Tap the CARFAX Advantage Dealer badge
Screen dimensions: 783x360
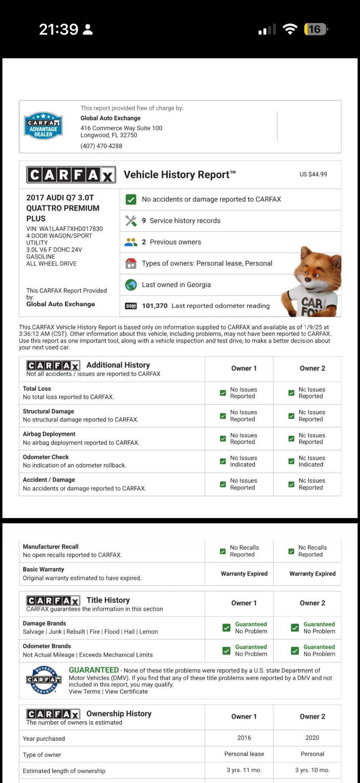[x=43, y=126]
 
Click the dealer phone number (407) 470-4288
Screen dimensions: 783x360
[x=101, y=146]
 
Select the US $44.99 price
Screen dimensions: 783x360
[x=313, y=174]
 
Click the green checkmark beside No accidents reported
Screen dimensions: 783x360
[x=131, y=199]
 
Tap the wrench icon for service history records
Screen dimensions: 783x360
[x=131, y=221]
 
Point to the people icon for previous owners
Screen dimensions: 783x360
[x=131, y=242]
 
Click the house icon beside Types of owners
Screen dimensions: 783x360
[x=131, y=263]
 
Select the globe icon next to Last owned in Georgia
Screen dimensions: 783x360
[x=131, y=284]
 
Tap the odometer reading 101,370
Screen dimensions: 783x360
[x=155, y=306]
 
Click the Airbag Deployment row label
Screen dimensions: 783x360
[x=49, y=434]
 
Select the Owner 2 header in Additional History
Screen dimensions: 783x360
[x=312, y=368]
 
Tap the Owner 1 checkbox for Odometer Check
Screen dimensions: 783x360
[x=223, y=461]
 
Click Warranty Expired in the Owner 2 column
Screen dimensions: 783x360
[x=312, y=574]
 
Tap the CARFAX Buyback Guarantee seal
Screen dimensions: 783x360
[x=43, y=679]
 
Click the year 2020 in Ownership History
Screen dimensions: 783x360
[x=312, y=738]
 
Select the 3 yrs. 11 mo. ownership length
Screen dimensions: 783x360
[x=244, y=770]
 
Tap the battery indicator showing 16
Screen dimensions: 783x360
[x=316, y=29]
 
